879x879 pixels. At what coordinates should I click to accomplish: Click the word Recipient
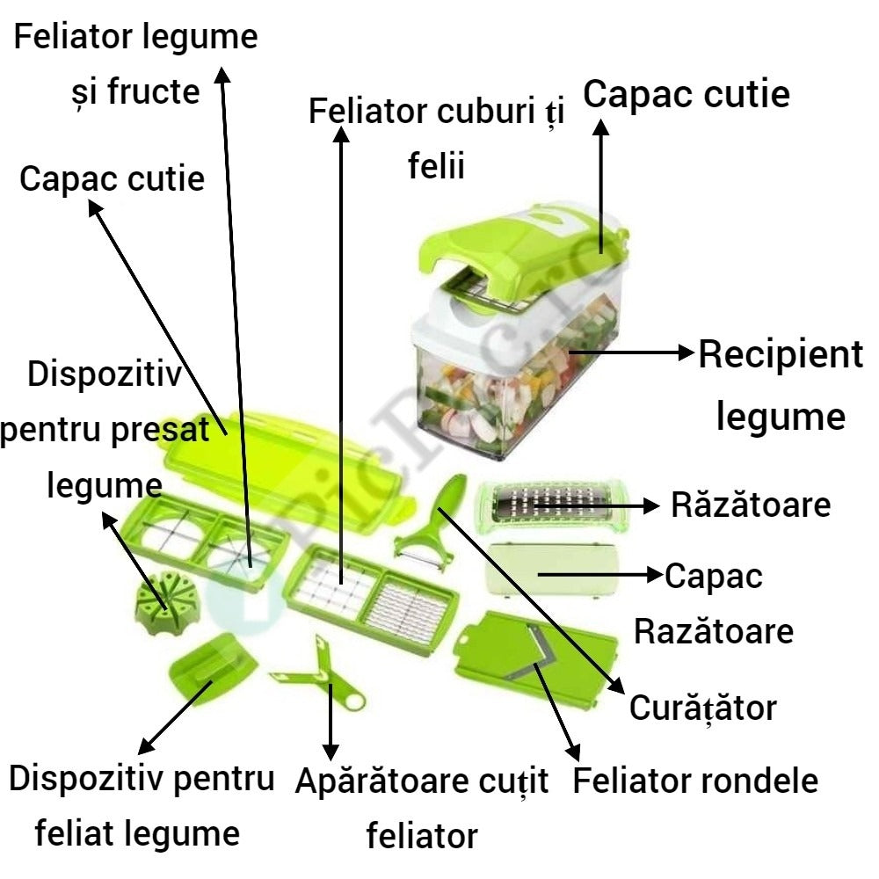(x=781, y=356)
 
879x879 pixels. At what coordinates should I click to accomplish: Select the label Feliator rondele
(x=695, y=781)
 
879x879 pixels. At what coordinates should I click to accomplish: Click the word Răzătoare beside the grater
(x=751, y=505)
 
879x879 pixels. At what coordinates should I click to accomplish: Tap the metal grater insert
(x=548, y=503)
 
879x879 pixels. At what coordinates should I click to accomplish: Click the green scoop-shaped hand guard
(x=212, y=672)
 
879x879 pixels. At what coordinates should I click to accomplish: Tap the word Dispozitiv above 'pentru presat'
(x=105, y=374)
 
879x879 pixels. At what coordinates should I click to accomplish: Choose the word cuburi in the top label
(x=481, y=113)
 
